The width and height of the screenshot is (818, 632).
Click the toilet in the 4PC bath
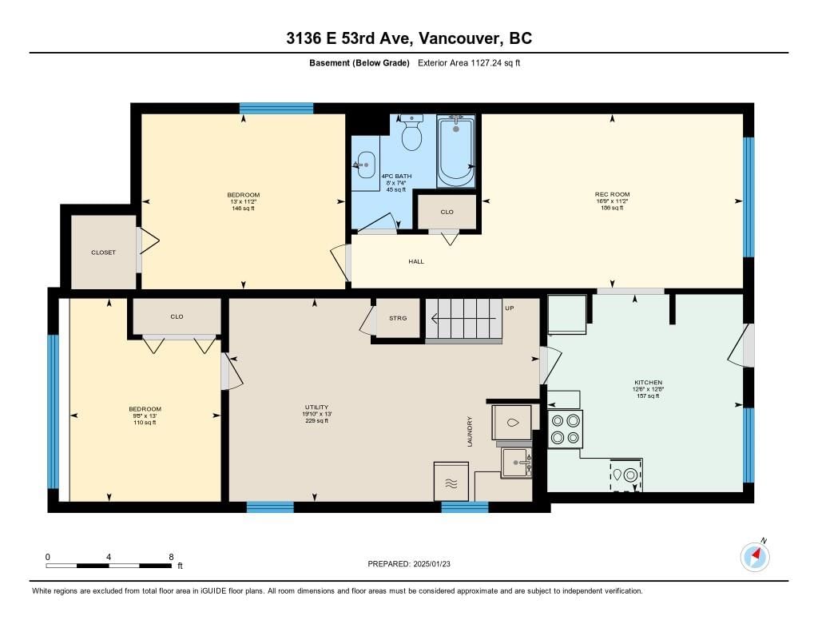tap(411, 133)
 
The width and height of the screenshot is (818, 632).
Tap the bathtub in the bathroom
tap(455, 151)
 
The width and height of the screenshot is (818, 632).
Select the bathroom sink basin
tap(365, 165)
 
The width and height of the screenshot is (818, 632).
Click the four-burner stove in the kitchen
tap(565, 429)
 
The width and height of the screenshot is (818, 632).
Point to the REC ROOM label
tap(612, 194)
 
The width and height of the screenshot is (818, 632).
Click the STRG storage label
tap(398, 318)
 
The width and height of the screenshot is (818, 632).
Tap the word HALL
tap(416, 261)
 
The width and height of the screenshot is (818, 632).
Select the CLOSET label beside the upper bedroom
tap(103, 252)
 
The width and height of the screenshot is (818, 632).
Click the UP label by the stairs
tap(510, 308)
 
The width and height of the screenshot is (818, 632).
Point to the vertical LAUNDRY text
tap(470, 431)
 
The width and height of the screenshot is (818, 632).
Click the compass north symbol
tap(755, 556)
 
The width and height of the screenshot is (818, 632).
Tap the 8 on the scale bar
tap(171, 557)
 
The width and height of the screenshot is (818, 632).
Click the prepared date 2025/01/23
tap(431, 563)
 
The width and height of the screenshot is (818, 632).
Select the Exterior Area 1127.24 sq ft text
tap(469, 63)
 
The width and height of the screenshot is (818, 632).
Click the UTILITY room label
tap(316, 407)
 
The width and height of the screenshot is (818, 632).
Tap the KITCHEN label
tap(649, 382)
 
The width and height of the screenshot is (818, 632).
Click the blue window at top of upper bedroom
tap(276, 108)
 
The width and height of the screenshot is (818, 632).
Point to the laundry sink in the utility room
tap(517, 463)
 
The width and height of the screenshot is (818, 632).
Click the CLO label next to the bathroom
tap(447, 212)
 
